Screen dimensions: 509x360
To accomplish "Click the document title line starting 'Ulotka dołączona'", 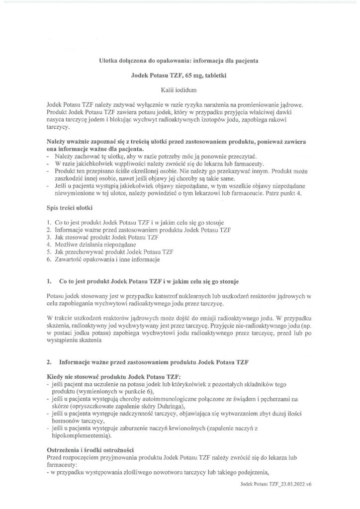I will point(180,60).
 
